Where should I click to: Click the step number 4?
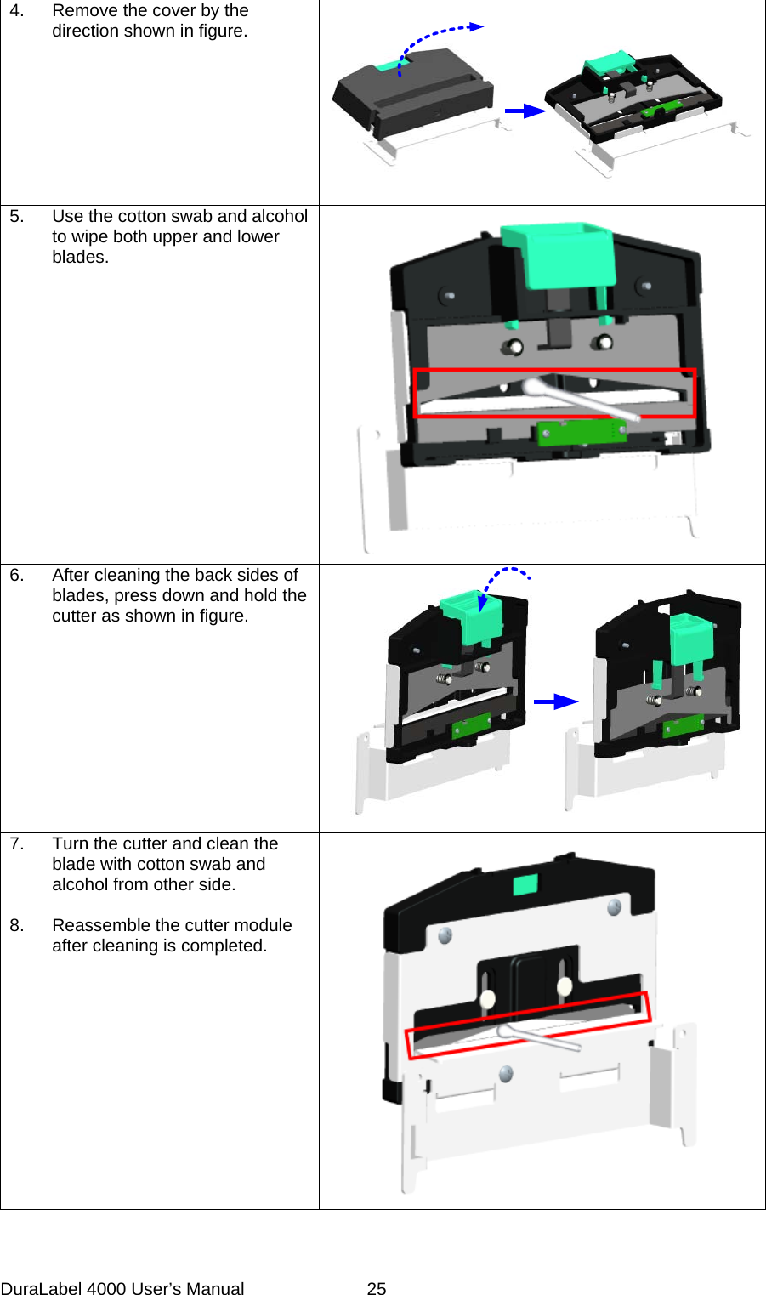16,11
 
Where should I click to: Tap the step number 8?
16,925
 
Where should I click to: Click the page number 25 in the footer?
376,1288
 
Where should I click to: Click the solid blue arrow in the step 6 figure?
555,701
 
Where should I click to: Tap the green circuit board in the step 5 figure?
582,432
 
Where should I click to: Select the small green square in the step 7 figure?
525,885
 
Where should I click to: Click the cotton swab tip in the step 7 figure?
506,1031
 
